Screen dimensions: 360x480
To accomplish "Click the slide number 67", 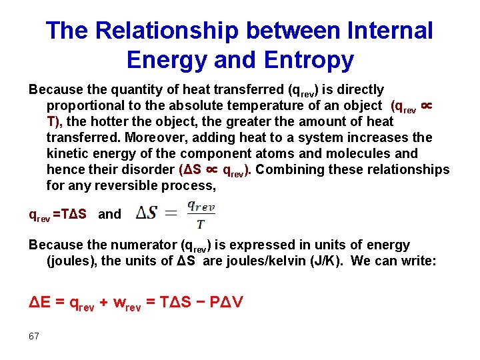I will pos(34,336).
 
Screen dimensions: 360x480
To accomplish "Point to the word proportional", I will pos(85,105).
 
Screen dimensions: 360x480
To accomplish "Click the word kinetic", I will pos(67,153).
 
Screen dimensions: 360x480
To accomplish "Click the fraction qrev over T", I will pos(201,215).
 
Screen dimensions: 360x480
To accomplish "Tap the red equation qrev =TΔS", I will pos(57,215).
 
